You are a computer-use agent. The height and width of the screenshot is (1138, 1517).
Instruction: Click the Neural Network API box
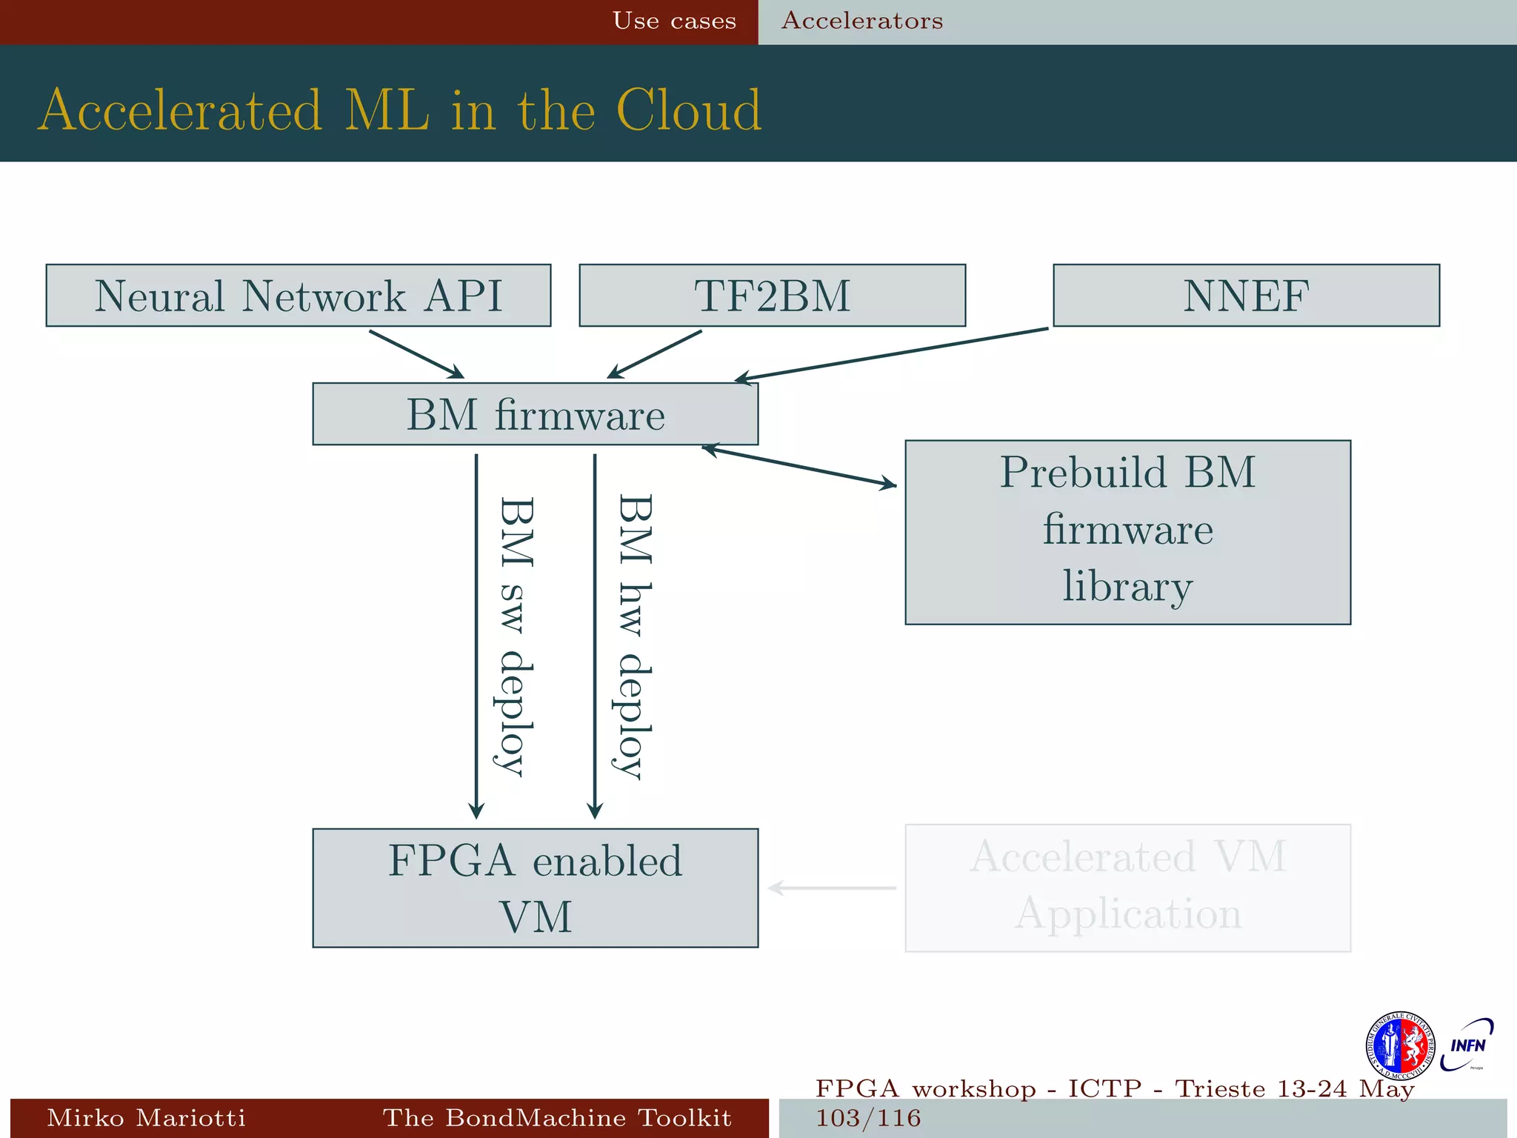[x=298, y=296]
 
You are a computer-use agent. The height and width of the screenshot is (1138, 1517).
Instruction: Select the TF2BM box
[x=772, y=296]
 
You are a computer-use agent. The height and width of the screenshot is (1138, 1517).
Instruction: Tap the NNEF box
[x=1246, y=296]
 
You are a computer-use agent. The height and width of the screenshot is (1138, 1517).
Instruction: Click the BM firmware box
[x=535, y=414]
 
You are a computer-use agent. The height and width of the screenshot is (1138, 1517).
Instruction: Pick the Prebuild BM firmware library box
[x=1127, y=532]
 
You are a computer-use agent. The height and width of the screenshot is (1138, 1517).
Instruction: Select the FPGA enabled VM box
[x=535, y=888]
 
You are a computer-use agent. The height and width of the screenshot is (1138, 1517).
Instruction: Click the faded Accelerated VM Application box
[x=1127, y=888]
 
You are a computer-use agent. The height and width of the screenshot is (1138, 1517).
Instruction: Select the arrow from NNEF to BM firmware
[x=889, y=355]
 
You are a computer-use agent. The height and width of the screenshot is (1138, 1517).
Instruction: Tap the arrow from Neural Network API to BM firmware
[x=416, y=354]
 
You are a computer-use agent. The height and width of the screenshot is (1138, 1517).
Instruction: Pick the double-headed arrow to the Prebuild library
[x=798, y=467]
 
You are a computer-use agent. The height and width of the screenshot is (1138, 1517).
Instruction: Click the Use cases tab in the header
[x=674, y=21]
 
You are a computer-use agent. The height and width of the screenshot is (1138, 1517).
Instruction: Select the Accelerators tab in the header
[x=862, y=21]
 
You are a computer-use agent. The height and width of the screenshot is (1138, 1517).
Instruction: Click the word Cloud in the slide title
[x=688, y=110]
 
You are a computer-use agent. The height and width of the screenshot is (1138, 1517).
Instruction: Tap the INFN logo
[x=1467, y=1045]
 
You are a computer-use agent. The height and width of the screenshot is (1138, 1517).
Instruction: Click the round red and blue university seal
[x=1399, y=1045]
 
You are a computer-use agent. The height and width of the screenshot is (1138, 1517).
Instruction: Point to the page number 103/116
[x=868, y=1118]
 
